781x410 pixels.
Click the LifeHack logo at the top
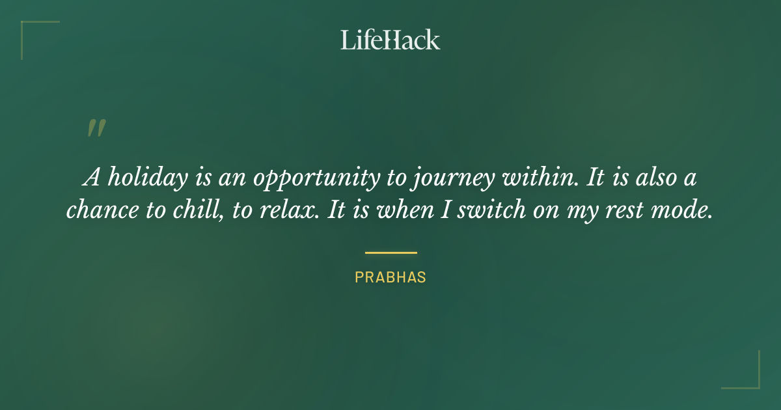coord(390,40)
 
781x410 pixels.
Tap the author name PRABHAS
coord(390,277)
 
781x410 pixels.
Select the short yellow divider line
coord(390,253)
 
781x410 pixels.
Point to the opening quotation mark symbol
coord(96,128)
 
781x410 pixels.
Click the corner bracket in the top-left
coord(29,29)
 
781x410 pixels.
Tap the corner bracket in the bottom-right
coord(752,381)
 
